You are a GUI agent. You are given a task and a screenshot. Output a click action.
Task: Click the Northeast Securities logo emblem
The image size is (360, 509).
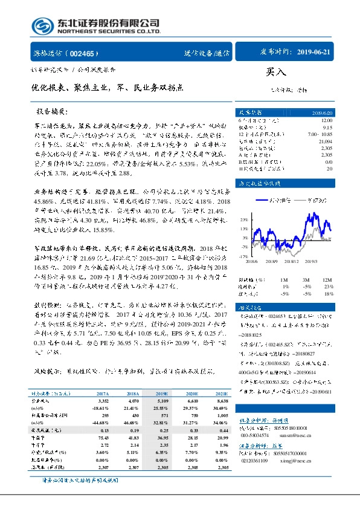(x=39, y=26)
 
